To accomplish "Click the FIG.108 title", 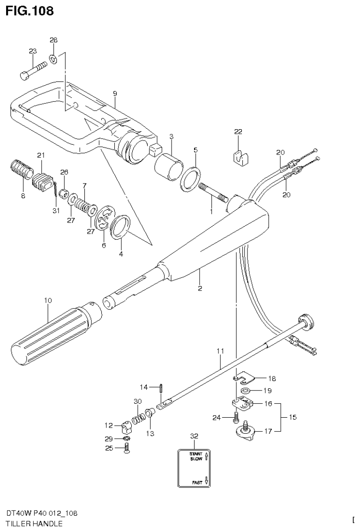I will click(x=29, y=10).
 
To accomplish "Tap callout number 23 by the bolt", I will click(x=32, y=51).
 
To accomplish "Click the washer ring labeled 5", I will click(x=192, y=177).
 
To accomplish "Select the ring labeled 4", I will click(x=121, y=227).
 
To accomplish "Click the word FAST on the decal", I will click(x=197, y=481).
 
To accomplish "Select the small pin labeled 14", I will click(x=160, y=387).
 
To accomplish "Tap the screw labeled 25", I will click(x=127, y=449).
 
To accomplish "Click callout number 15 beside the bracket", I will click(x=293, y=417).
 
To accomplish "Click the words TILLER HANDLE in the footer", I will click(x=34, y=524).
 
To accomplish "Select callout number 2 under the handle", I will click(x=200, y=288).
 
